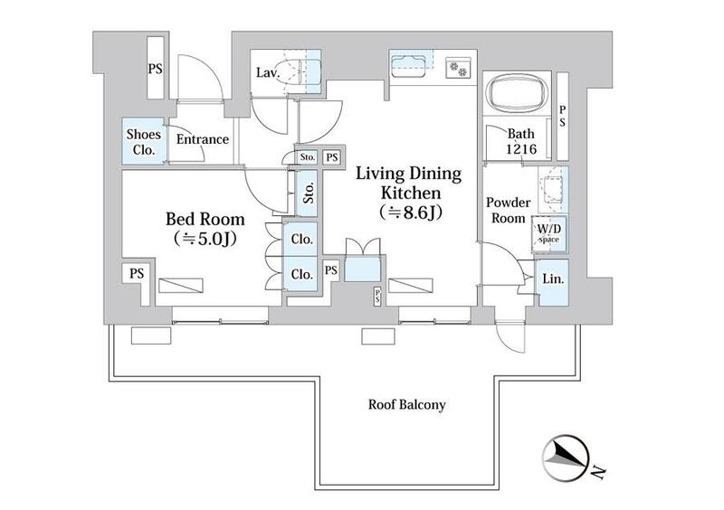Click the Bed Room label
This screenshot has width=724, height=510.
click(205, 219)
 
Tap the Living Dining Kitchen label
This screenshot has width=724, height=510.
click(409, 183)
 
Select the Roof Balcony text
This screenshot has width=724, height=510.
click(406, 405)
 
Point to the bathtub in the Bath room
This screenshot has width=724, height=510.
click(517, 93)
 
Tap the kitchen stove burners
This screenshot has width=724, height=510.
click(458, 69)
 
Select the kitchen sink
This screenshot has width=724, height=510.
click(408, 66)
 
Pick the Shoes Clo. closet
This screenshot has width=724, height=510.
click(144, 141)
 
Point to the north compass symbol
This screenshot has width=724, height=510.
click(565, 457)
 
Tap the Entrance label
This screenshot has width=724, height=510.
click(202, 139)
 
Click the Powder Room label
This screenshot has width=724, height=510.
click(508, 210)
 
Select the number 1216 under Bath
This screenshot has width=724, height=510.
click(521, 149)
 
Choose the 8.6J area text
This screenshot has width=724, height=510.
click(411, 212)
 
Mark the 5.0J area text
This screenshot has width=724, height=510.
click(205, 239)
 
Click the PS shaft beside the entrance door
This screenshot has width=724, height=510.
click(155, 69)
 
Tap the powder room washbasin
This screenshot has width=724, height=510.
click(553, 188)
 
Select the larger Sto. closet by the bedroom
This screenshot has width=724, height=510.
click(307, 193)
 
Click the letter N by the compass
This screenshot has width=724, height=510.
click(598, 471)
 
